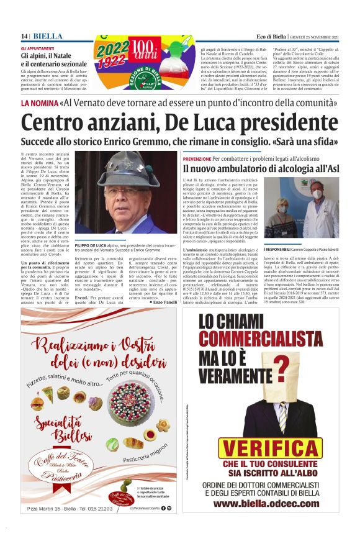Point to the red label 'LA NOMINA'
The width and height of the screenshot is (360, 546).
pos(40,103)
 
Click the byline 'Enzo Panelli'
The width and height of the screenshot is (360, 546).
pos(164,284)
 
